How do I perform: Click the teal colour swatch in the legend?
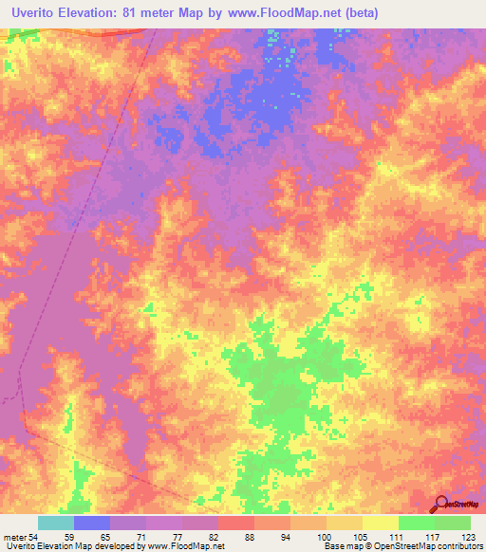pos(56,524)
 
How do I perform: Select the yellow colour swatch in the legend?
pos(381,524)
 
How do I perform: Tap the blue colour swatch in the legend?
pos(92,524)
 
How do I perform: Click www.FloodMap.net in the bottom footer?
pos(186,546)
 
